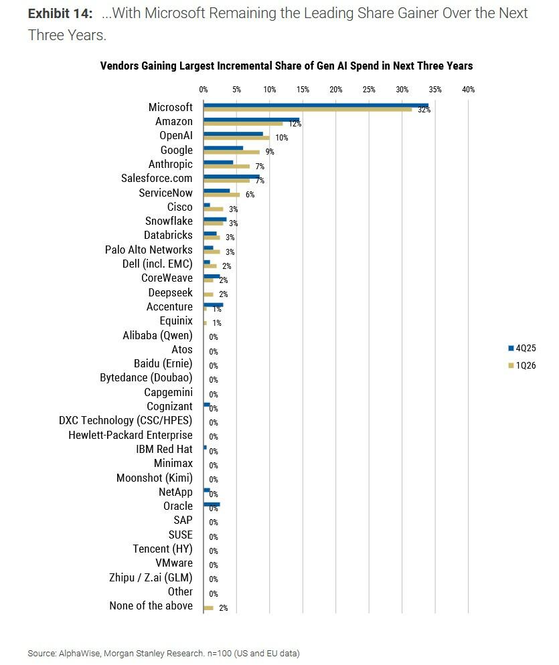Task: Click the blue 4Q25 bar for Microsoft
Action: (315, 105)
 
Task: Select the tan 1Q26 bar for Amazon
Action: (243, 124)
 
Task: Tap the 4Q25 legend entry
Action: (522, 349)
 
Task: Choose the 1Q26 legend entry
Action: (522, 365)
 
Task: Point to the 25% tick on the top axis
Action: (369, 89)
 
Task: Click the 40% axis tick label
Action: (468, 89)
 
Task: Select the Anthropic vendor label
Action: (170, 165)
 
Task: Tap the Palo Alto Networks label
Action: (149, 250)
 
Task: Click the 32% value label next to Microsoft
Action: (424, 110)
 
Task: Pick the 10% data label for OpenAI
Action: (281, 138)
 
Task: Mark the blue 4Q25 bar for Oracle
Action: (212, 504)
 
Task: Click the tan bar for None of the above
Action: (208, 607)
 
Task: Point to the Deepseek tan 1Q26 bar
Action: (208, 294)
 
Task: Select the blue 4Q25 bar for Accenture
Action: (213, 304)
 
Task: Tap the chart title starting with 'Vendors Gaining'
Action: (286, 66)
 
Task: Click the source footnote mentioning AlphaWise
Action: (163, 652)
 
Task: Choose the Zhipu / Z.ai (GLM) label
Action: (151, 577)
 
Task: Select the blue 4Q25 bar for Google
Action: (223, 148)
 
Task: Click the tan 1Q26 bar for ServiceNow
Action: (221, 195)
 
